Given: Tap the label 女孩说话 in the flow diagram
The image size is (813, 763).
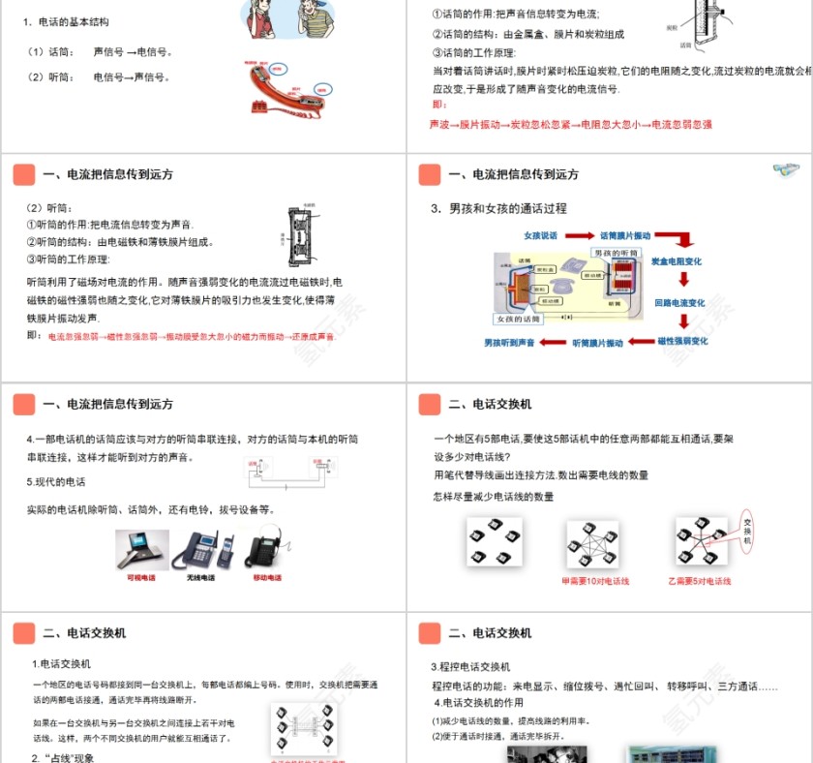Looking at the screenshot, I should click(541, 235).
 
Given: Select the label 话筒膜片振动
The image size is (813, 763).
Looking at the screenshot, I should click(625, 235).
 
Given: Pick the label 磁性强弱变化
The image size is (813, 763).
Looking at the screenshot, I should click(682, 341).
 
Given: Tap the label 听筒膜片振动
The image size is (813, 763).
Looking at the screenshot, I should click(597, 343).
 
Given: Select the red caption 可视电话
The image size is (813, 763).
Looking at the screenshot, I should click(140, 578).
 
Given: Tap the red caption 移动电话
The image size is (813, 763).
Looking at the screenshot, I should click(267, 578).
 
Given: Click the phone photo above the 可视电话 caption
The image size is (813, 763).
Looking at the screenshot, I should click(140, 549).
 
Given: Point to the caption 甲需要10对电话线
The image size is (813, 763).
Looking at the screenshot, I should click(594, 581).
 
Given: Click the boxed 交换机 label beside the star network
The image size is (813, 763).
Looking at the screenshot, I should click(746, 532).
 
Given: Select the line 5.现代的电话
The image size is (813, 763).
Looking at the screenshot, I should click(56, 481).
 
